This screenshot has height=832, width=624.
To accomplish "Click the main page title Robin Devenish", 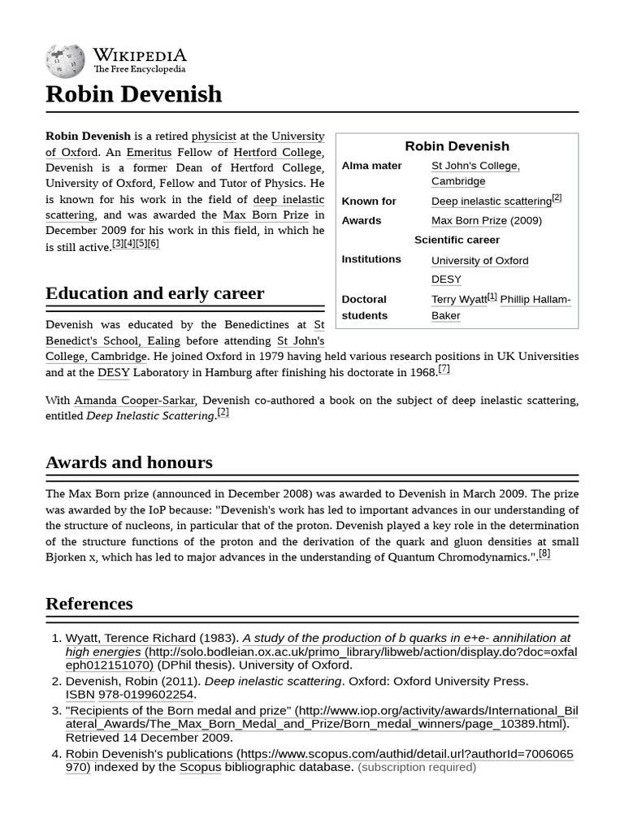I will [133, 94].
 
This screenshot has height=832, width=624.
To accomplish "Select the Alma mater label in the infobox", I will [371, 166].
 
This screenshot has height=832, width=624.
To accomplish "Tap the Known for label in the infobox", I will [369, 201].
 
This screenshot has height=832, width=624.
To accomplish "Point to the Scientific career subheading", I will [457, 240].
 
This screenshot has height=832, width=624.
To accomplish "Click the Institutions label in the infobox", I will [371, 259].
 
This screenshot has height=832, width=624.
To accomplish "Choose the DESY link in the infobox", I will [446, 279].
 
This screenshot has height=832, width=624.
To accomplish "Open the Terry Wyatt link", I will [459, 300].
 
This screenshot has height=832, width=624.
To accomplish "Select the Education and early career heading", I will [154, 293].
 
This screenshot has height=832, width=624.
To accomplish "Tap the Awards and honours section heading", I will [128, 462].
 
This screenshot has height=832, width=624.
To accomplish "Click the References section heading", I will [89, 604].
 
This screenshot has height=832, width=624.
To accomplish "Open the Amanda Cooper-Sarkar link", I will [135, 401].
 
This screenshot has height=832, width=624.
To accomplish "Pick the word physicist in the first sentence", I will [214, 136].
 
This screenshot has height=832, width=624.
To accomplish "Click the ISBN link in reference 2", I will [80, 695].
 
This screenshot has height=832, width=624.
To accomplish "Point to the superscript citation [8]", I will [544, 554].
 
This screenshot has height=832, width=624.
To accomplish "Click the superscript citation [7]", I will [444, 369].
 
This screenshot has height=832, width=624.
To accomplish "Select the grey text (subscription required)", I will [417, 767].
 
